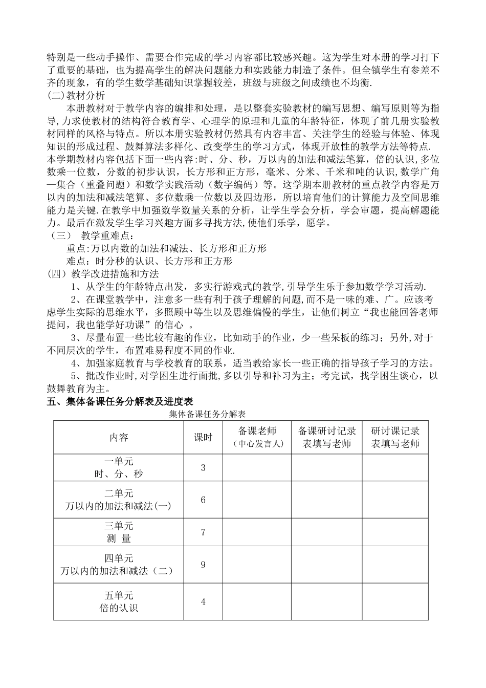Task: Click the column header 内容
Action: click(119, 437)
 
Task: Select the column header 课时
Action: click(203, 437)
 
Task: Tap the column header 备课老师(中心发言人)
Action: click(257, 437)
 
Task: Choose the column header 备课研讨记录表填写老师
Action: click(327, 437)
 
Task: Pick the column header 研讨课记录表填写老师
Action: click(395, 437)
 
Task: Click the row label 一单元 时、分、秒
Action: click(119, 468)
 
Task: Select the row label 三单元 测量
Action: click(119, 532)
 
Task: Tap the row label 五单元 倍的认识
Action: click(119, 601)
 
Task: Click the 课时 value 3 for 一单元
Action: click(203, 468)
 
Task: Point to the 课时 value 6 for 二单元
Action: click(203, 500)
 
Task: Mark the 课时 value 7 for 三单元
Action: click(203, 532)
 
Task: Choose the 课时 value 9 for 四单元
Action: click(203, 565)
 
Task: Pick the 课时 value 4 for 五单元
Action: click(203, 601)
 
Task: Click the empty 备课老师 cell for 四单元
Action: click(257, 565)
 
